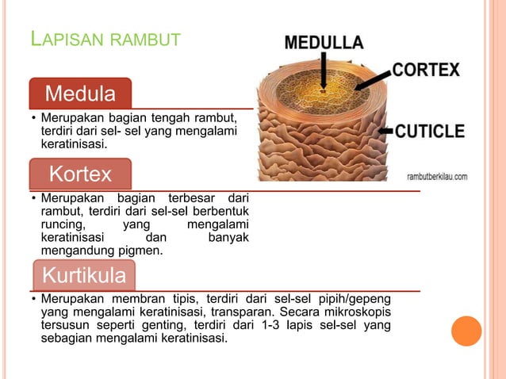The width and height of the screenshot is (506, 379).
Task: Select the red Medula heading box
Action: [80, 94]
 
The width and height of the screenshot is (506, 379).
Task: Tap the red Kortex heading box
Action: [80, 174]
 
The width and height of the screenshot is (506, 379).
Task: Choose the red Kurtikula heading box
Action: [84, 276]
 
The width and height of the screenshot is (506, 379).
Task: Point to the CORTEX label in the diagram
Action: [426, 70]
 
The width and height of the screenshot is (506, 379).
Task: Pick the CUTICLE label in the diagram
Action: [430, 131]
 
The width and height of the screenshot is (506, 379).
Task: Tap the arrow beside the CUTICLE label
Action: [386, 129]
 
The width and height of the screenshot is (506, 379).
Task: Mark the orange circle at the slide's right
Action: [466, 331]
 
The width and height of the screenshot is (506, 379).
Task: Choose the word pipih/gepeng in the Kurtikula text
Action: [356, 299]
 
